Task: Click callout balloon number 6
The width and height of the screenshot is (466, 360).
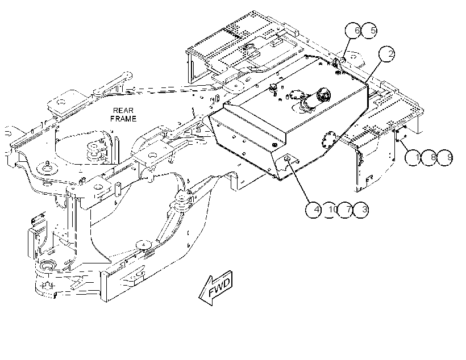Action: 353,30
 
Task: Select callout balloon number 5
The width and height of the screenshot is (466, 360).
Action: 369,30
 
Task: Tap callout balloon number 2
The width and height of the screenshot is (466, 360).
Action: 386,54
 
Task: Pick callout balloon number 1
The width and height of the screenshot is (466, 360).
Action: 413,157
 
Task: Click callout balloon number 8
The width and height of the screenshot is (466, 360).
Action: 429,157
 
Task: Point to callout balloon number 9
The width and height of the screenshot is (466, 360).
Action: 445,157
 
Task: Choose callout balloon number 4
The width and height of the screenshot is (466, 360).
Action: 314,210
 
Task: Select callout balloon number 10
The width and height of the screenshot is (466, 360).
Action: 330,210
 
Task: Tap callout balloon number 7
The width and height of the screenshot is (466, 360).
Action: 346,210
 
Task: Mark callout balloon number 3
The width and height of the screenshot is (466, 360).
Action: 361,210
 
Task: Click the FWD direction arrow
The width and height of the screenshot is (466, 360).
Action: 217,288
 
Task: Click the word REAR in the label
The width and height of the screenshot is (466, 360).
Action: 123,111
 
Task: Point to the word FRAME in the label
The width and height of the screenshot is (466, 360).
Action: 123,119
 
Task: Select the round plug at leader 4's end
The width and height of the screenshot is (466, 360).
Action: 288,158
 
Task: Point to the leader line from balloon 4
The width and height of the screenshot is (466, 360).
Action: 299,181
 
